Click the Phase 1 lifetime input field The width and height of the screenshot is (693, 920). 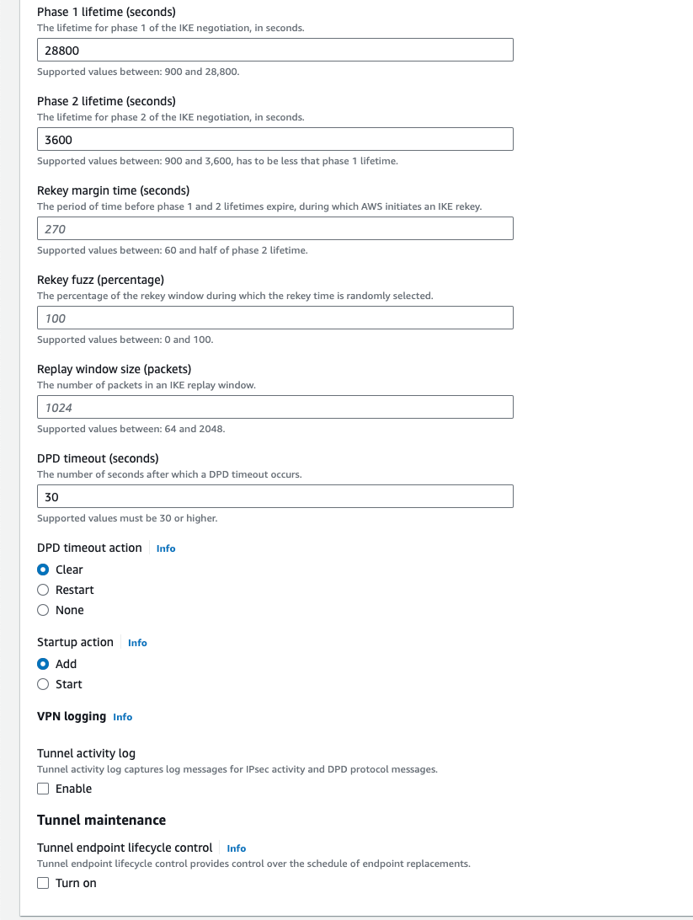point(275,51)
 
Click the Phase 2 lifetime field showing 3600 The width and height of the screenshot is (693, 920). point(275,140)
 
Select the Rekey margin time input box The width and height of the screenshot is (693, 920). point(275,229)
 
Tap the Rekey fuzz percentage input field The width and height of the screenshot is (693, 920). point(275,318)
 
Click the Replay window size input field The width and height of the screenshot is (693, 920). point(275,408)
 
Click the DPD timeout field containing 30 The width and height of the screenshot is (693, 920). point(275,497)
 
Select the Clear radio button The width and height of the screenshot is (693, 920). point(44,570)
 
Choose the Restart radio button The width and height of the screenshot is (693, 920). point(44,590)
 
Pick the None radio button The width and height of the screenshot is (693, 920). point(44,610)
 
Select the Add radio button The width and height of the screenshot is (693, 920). point(44,664)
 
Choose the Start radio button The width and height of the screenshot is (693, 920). point(44,684)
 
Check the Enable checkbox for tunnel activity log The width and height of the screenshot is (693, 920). point(44,789)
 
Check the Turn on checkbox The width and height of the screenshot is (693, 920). point(44,883)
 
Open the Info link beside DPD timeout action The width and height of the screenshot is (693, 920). point(166,548)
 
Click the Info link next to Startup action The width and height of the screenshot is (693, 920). point(137,643)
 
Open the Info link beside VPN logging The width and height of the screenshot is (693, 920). point(123,717)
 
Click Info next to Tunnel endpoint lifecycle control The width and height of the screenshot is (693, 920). point(237,848)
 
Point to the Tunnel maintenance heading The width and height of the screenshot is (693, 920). point(101,820)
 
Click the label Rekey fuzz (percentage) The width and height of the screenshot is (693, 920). point(100,280)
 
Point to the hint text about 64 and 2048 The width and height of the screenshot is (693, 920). point(131,429)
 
